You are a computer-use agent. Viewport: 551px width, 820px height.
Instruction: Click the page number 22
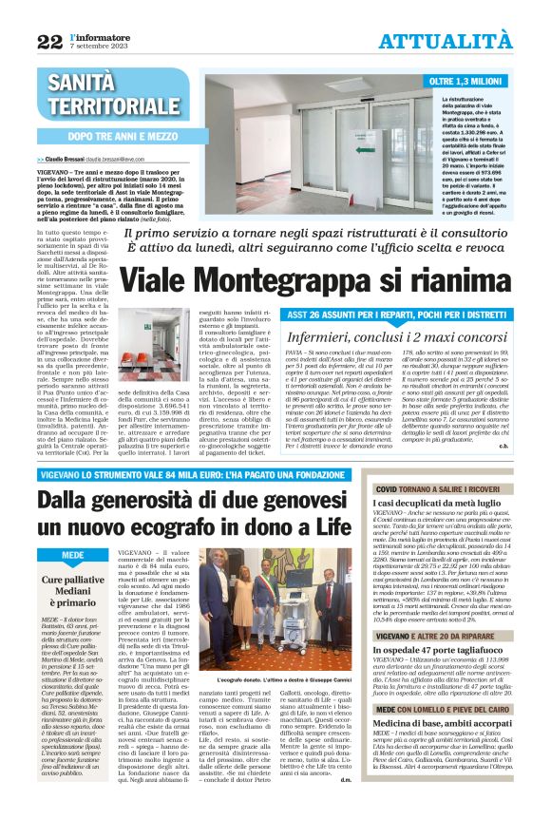coord(49,41)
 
